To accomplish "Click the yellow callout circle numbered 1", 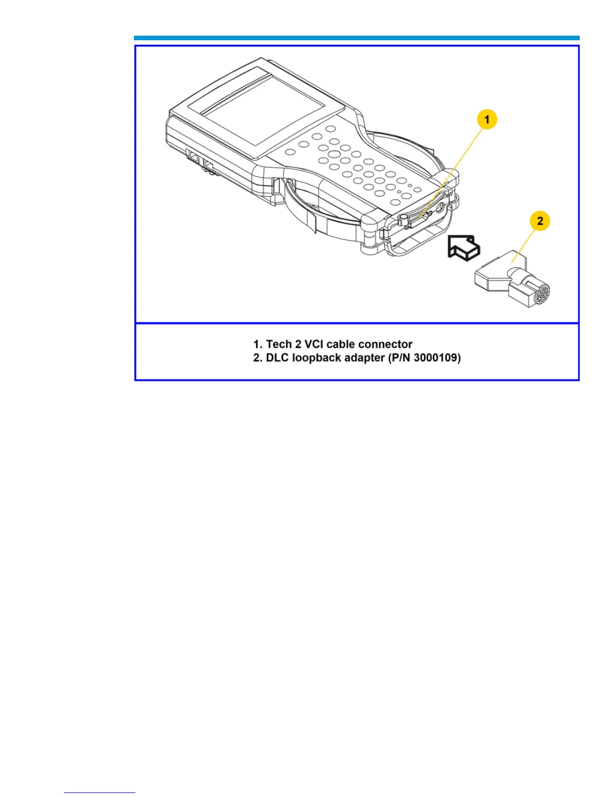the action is pos(487,120).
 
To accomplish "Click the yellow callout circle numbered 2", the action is pos(540,221).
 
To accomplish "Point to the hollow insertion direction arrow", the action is pos(463,248).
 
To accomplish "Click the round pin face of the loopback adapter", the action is pos(541,295).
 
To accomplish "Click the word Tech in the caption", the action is pos(279,344).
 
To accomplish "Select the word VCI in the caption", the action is pos(315,344).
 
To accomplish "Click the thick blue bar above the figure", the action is pos(356,38).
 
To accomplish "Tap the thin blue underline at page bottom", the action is pos(99,793).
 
